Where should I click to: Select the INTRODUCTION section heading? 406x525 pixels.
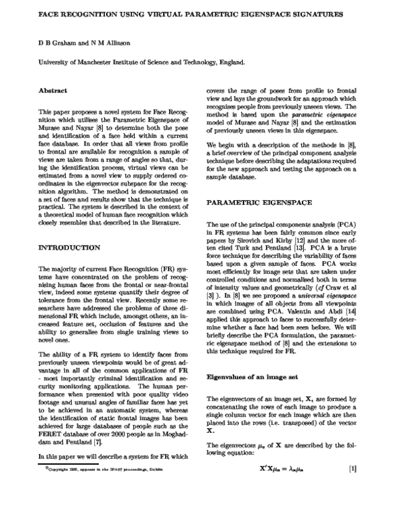[x=70, y=248]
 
